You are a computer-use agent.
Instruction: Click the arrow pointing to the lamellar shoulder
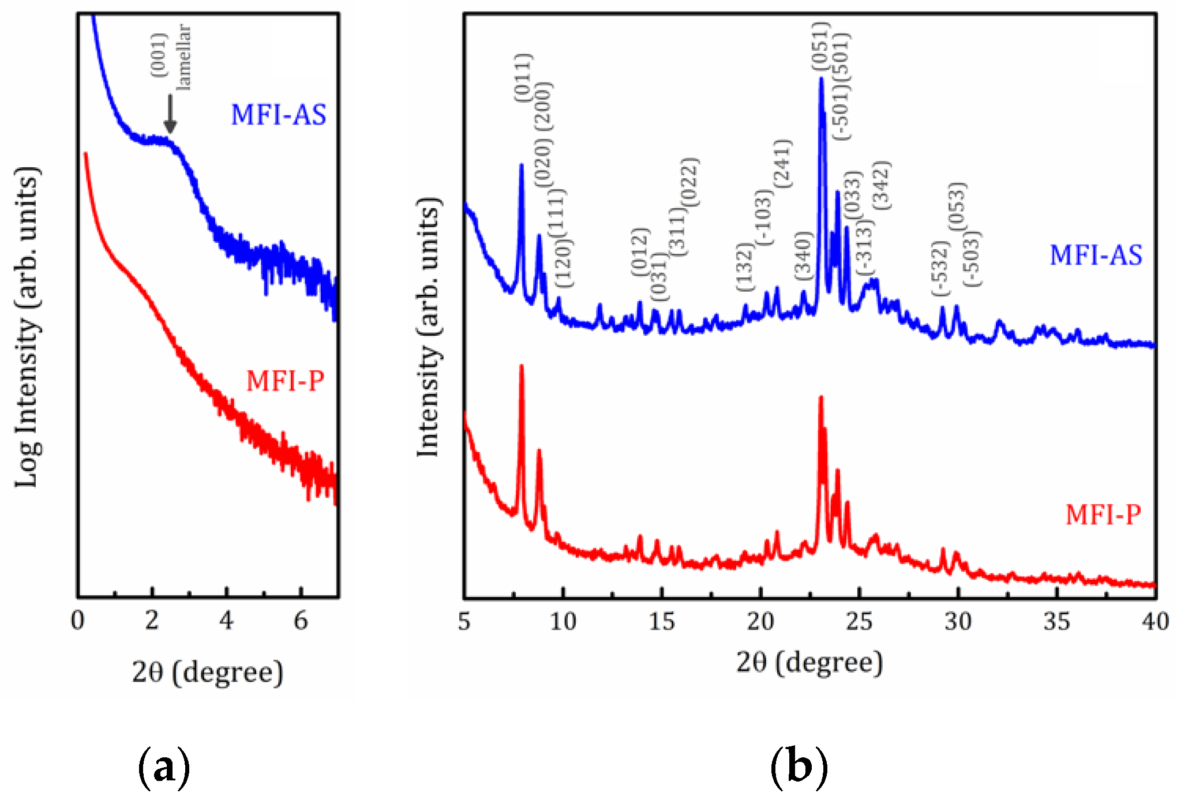pos(170,114)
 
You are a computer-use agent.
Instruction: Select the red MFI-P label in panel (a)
pos(285,381)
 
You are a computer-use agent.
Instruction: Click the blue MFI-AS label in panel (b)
pos(1096,255)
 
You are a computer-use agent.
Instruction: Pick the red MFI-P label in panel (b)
pos(1103,514)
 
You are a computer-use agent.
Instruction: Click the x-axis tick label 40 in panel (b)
pos(1155,621)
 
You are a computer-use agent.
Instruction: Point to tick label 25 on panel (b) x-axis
pos(859,621)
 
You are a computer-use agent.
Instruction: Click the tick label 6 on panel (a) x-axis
pos(301,621)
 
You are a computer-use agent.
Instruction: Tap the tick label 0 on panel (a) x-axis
pos(77,621)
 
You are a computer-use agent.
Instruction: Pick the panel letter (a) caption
pos(164,767)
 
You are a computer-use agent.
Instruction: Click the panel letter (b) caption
pos(799,767)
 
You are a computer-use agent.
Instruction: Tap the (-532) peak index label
pos(940,268)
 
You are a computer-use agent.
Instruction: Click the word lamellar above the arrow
pos(183,57)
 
